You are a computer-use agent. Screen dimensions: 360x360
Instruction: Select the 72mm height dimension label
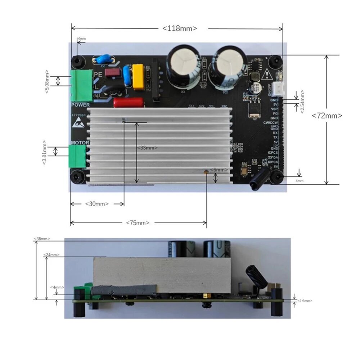pyautogui.click(x=327, y=116)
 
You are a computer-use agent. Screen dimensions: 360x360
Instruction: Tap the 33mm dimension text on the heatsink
pyautogui.click(x=147, y=148)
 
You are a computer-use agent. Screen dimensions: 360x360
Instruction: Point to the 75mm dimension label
pyautogui.click(x=138, y=223)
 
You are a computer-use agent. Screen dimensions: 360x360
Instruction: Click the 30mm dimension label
pyautogui.click(x=97, y=204)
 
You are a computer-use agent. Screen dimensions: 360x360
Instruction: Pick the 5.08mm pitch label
pyautogui.click(x=46, y=81)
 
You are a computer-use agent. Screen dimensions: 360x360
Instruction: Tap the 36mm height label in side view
pyautogui.click(x=42, y=239)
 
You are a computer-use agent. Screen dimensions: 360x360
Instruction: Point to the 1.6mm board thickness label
pyautogui.click(x=305, y=300)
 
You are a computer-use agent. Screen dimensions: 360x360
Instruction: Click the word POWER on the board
pyautogui.click(x=80, y=105)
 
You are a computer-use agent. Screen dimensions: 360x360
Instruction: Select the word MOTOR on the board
pyautogui.click(x=80, y=143)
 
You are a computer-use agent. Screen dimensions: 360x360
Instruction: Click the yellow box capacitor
pyautogui.click(x=138, y=76)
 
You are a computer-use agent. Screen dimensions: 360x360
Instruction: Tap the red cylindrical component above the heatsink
pyautogui.click(x=129, y=103)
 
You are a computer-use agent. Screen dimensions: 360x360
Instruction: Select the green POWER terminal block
pyautogui.click(x=82, y=85)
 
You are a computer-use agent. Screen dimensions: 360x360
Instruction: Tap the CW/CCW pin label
pyautogui.click(x=270, y=122)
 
